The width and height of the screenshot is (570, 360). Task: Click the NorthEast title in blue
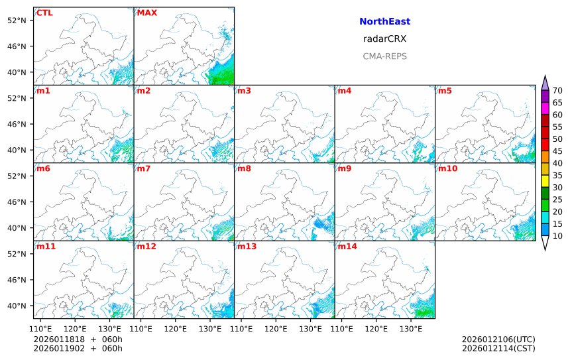(x=384, y=22)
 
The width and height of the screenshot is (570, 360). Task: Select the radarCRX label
(x=384, y=39)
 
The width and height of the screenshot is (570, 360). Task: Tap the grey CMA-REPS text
(x=384, y=56)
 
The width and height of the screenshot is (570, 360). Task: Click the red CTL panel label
(x=45, y=13)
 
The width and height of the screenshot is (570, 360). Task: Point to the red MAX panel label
(x=146, y=13)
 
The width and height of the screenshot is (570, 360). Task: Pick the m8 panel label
(x=244, y=168)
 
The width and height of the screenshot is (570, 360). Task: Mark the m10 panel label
(x=447, y=168)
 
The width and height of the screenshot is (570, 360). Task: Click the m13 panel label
(x=247, y=247)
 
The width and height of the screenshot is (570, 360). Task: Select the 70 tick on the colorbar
(x=557, y=91)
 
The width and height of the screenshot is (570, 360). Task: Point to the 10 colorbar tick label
(x=557, y=236)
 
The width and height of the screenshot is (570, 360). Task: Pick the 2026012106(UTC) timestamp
(x=498, y=339)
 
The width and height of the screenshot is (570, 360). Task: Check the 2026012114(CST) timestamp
(x=498, y=348)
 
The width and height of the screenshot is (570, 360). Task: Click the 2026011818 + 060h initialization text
(x=78, y=339)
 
